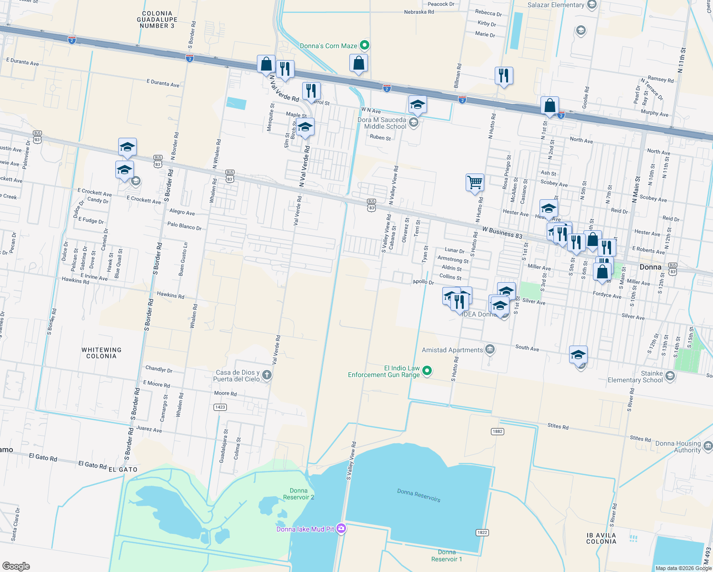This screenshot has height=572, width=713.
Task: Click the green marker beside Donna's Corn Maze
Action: pos(365,45)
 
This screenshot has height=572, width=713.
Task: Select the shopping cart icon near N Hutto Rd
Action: pos(475,182)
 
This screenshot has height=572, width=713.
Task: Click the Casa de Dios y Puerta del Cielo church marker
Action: pos(267,375)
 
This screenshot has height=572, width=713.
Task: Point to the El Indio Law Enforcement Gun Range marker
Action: pos(427,370)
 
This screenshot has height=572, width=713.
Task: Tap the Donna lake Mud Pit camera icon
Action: pos(341,528)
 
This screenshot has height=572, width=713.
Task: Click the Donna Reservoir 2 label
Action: pos(298,494)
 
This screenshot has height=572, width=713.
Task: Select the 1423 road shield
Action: pos(220,407)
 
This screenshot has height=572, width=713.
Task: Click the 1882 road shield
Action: pos(497,431)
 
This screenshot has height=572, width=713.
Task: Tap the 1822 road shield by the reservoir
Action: pos(482,532)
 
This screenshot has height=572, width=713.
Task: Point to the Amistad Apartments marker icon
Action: pos(489,349)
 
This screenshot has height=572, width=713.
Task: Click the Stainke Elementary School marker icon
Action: pos(670,376)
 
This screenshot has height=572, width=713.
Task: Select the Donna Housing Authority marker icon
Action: pos(708,446)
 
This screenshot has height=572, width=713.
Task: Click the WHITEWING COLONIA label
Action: pos(102,353)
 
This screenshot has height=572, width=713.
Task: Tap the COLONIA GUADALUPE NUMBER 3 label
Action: pos(157,20)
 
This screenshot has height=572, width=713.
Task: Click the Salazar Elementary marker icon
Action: pos(591,5)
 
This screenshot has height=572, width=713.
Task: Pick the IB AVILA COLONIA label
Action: pos(601,538)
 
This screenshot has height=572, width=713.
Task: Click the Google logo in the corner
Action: pos(16,566)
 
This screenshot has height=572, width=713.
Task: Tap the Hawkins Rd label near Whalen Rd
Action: pos(171,296)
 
